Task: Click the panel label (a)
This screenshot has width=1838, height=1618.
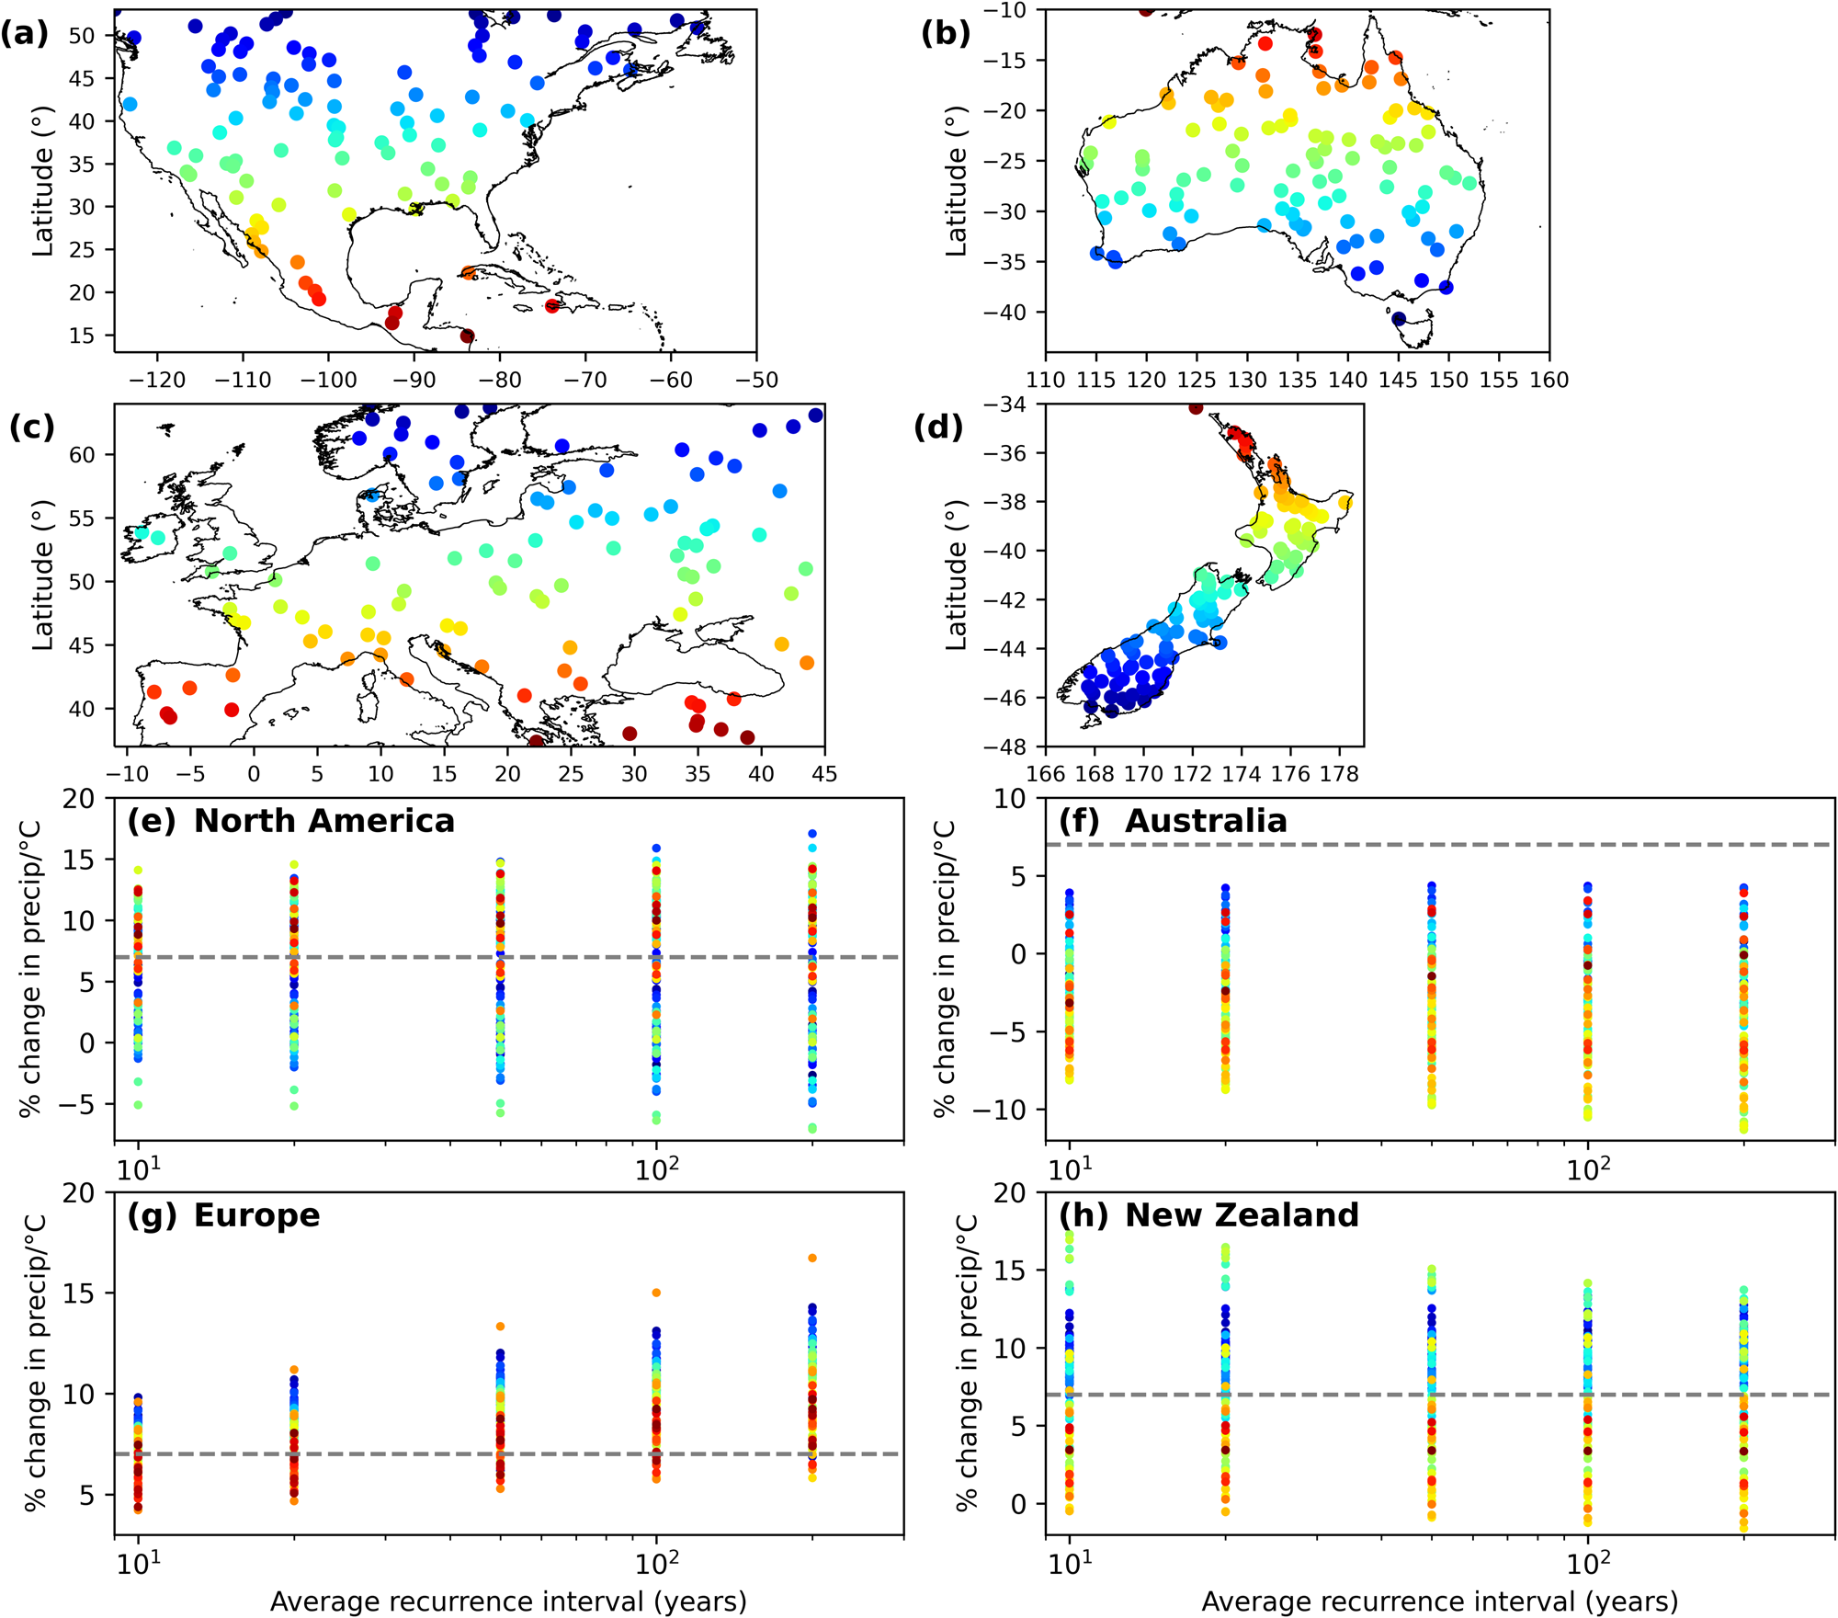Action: pos(24,34)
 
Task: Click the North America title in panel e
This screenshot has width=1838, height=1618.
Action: pos(323,821)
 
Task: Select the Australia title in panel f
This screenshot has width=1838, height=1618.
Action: pos(1206,821)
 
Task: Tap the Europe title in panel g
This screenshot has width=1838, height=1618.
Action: pos(256,1215)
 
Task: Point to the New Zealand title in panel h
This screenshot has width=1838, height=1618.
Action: pos(1242,1215)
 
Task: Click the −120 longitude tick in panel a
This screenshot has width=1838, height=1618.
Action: pos(158,381)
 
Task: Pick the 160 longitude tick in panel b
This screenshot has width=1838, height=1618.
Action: pos(1549,381)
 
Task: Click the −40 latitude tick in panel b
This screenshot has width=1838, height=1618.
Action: pos(1010,313)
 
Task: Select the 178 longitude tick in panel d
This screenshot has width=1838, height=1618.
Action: pos(1339,774)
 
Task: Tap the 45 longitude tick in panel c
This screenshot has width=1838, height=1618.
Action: pos(824,774)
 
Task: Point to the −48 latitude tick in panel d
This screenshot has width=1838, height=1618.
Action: pos(1010,746)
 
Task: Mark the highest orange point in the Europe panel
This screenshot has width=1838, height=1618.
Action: pos(812,1258)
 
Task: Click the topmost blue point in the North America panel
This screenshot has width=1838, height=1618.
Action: pos(812,834)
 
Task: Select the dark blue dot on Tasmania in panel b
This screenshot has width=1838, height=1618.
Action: pos(1399,319)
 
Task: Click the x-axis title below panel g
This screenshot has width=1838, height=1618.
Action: pos(508,1601)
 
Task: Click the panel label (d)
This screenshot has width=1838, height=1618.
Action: pos(937,427)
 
